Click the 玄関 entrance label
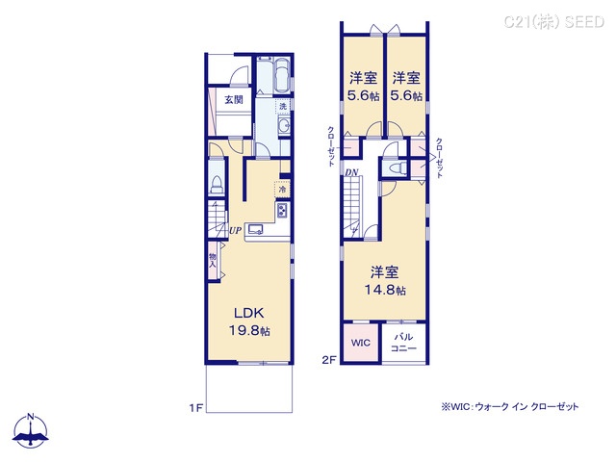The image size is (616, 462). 233,99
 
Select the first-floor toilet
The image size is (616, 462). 217,186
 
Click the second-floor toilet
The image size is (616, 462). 393,168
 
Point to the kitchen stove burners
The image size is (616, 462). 282,210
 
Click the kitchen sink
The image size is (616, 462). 257,229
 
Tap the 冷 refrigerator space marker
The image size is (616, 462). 282,189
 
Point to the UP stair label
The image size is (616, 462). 234,230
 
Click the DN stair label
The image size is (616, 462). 351,171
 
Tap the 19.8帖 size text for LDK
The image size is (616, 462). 248,331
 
